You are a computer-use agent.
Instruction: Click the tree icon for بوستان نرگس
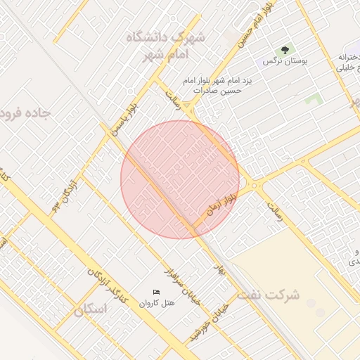click(285, 51)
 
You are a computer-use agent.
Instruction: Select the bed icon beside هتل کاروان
click(156, 292)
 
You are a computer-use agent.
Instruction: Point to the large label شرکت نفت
click(269, 295)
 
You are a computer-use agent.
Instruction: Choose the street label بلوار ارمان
click(223, 202)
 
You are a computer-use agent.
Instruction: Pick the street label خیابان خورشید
click(209, 323)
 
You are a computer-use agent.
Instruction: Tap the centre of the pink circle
click(180, 179)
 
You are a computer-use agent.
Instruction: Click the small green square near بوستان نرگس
click(314, 99)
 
